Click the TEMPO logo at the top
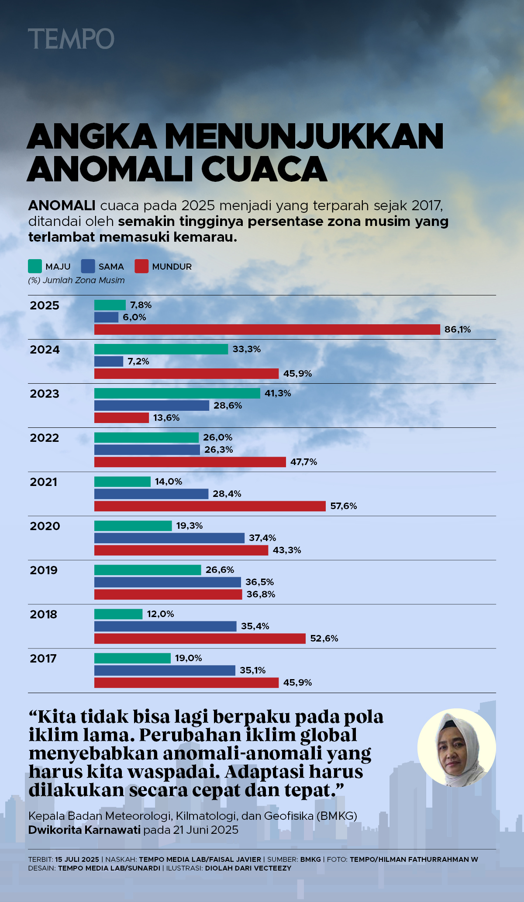pos(71,38)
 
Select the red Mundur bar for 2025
pos(267,330)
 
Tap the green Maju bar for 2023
pos(177,393)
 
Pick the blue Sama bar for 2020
pos(169,538)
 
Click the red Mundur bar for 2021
pos(210,506)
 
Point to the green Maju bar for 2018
pos(118,614)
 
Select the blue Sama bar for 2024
pos(109,361)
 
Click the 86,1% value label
pos(458,330)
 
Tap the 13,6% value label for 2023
pos(166,418)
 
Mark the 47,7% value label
pos(304,462)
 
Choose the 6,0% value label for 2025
pos(134,317)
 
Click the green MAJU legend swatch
pos(35,266)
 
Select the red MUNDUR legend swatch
pos(141,266)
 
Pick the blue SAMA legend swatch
pos(88,266)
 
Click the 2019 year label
pos(44,570)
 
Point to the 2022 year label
pos(45,438)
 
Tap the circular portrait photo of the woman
pos(457,748)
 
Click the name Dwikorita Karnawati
pos(85,830)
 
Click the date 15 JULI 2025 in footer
pos(77,859)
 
